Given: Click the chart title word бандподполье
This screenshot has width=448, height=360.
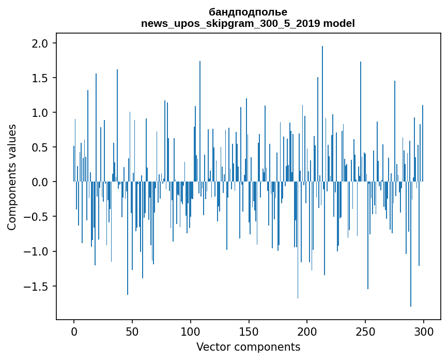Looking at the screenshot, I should tap(248, 12).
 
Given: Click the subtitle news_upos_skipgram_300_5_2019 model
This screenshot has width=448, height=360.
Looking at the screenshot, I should tap(248, 23).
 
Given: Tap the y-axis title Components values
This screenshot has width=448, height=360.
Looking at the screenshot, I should tap(12, 177).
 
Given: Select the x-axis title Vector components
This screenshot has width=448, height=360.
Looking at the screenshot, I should tap(248, 347).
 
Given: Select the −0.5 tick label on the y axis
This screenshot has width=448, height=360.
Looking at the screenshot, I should tap(37, 217).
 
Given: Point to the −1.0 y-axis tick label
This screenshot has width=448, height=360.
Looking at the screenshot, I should tap(37, 251).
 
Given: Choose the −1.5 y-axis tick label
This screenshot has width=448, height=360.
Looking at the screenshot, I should tap(37, 286).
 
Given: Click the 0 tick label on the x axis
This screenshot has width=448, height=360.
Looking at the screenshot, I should tap(74, 331).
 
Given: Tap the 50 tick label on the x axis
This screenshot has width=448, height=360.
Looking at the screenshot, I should tap(132, 331).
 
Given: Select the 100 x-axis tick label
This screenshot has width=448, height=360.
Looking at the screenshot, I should tap(191, 331).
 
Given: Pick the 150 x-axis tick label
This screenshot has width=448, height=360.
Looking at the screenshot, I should tap(249, 331).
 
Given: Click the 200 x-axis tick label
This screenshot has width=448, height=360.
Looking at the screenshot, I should tap(307, 331).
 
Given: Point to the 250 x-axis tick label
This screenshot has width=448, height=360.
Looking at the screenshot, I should tap(365, 331).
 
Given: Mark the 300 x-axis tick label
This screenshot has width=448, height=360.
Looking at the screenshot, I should tap(424, 331).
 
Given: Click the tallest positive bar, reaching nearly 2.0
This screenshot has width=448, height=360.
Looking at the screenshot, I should tap(322, 114).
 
